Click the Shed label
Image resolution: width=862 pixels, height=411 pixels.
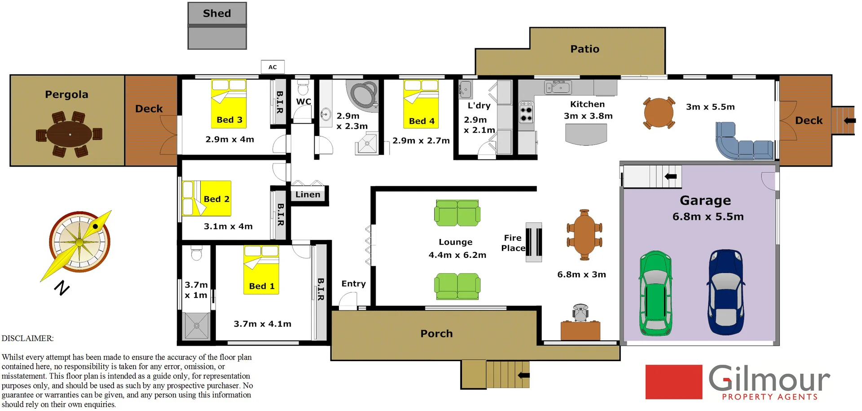tap(217, 13)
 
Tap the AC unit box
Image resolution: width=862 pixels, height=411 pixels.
tap(273, 67)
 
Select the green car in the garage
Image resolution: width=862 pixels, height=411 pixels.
tap(656, 293)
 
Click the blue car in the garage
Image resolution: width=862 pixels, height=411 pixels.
tap(726, 292)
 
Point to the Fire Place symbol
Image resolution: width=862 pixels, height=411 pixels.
tap(534, 242)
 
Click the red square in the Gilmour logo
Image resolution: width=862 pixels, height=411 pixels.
tap(673, 382)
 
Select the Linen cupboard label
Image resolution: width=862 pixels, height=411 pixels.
tap(308, 194)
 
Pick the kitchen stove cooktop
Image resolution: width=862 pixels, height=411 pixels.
tap(526, 113)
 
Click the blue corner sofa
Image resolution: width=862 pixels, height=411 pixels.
tap(741, 143)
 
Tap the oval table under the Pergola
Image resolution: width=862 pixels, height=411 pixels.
tap(70, 134)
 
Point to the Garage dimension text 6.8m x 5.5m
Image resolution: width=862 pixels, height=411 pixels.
tap(708, 217)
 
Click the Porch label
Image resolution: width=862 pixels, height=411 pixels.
tap(436, 334)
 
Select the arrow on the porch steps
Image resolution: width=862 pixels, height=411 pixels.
tap(523, 375)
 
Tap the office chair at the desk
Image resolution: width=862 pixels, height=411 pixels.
tap(581, 312)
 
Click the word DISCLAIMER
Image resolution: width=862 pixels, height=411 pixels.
tap(27, 338)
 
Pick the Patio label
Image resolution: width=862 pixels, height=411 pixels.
tap(585, 49)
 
